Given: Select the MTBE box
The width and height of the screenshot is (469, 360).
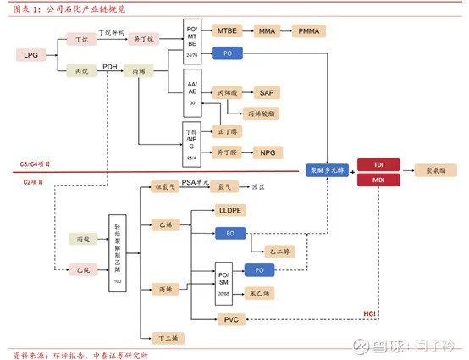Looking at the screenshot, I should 228,30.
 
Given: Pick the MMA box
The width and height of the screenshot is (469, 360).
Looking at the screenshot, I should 268,30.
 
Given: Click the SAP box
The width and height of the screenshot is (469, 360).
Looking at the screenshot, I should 267,92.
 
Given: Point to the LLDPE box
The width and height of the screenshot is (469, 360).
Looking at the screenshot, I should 230,209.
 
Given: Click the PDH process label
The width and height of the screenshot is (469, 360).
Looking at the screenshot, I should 110,65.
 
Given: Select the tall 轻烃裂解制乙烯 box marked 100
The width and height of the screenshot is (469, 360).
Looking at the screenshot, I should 115,250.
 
